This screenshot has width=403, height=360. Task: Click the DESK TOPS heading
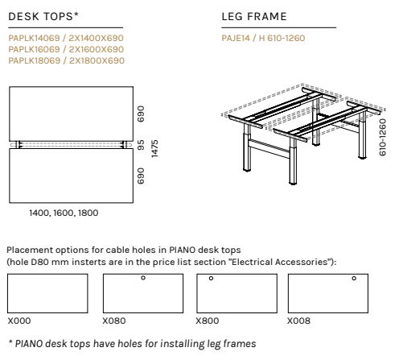43,16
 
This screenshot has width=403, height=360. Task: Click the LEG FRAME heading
254,16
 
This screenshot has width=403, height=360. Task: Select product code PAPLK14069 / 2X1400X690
66,38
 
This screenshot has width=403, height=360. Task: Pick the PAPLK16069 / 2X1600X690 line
66,49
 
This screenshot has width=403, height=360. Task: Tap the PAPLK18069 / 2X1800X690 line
67,60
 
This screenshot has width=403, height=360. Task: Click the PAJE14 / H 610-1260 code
263,38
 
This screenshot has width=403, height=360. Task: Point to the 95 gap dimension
141,145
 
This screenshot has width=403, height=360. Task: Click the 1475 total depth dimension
154,149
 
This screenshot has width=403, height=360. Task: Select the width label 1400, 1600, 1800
64,213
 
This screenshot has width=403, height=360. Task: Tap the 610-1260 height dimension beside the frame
383,137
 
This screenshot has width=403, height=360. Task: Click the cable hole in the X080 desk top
143,278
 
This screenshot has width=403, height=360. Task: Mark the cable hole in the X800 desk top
211,279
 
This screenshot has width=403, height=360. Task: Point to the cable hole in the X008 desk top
354,279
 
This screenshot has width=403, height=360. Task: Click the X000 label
19,321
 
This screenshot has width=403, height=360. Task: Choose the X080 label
114,321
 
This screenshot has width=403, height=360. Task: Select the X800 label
208,321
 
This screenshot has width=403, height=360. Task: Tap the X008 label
298,321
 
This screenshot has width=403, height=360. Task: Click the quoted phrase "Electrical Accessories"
279,262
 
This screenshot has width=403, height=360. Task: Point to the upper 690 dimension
141,114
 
